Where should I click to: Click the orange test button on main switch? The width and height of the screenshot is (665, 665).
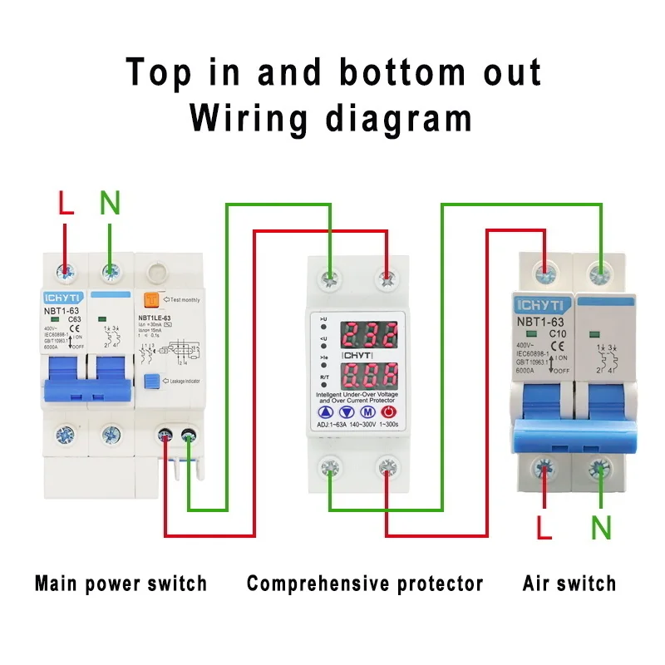click(151, 299)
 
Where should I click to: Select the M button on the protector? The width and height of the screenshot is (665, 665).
click(367, 412)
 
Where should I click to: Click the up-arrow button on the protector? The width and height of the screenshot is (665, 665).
click(323, 412)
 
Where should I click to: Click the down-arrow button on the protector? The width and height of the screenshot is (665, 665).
click(344, 412)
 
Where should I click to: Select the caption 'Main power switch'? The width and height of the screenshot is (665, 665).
click(121, 584)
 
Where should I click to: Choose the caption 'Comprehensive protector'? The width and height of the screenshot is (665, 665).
click(365, 584)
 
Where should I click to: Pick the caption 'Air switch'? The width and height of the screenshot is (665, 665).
click(569, 584)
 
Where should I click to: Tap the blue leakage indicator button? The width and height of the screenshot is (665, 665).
click(151, 382)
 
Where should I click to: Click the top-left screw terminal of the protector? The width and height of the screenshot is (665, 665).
click(330, 275)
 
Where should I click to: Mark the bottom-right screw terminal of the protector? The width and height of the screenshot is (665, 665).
click(386, 467)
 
